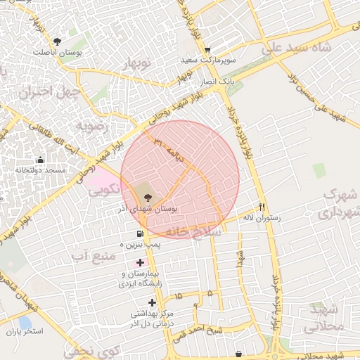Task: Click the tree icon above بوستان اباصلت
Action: [x=57, y=41]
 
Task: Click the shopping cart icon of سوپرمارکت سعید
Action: [x=207, y=50]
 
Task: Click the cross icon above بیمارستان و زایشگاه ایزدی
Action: [x=141, y=262]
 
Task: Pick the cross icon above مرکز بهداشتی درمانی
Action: [x=152, y=302]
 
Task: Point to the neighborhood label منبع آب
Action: [x=93, y=255]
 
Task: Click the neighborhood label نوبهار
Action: [x=138, y=65]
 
